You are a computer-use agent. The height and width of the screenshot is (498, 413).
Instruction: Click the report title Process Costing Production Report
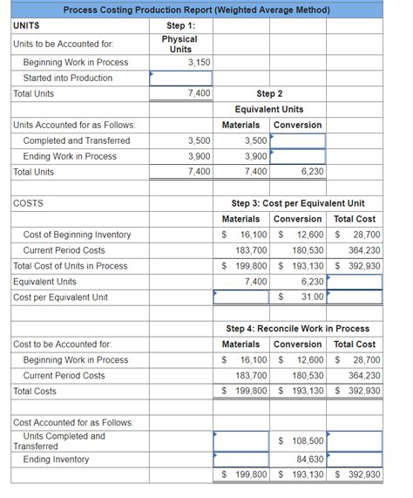(x=196, y=10)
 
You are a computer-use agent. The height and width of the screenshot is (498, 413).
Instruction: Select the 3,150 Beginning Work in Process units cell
(x=181, y=62)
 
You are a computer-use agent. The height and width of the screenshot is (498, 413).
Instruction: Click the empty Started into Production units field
(x=181, y=78)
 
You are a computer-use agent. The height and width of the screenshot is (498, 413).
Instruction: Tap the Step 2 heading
(x=269, y=93)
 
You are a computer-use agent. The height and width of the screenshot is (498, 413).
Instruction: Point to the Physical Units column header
(x=181, y=44)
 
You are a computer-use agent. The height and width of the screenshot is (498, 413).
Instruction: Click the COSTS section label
(x=29, y=203)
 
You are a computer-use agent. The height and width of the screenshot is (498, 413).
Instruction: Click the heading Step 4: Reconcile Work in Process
(x=297, y=329)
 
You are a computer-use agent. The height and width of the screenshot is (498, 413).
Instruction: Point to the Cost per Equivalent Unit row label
(x=61, y=297)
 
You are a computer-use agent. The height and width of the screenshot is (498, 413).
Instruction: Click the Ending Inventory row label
(x=56, y=460)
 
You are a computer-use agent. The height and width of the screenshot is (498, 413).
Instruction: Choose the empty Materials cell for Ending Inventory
(x=240, y=460)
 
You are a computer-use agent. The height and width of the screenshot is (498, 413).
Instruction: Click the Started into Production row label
(x=67, y=78)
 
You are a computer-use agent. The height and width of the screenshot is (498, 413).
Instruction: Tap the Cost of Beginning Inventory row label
(x=77, y=235)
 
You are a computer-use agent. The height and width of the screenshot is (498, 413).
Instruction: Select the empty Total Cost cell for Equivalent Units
(x=355, y=282)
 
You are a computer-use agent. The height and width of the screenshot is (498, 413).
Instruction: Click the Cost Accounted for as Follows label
(x=73, y=423)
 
